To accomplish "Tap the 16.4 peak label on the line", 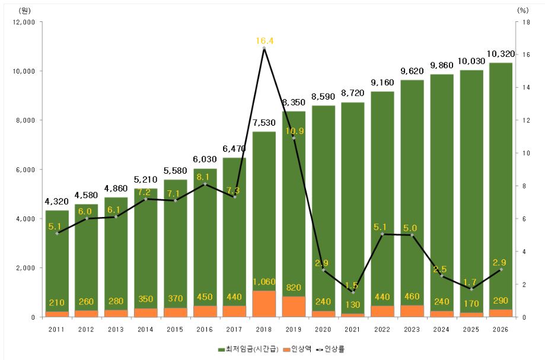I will click(264, 41).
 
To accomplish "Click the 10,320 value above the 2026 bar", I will click(501, 54).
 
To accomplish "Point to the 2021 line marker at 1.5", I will click(353, 292).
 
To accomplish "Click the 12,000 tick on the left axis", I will click(23, 22).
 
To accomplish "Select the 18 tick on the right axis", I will click(522, 22).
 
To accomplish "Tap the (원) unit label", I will click(25, 10).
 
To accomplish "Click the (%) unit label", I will click(522, 10).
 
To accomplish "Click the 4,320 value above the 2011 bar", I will click(56, 202).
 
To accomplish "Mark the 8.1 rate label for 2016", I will click(205, 176).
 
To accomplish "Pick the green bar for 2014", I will click(145, 249).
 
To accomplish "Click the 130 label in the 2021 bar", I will click(353, 304).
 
